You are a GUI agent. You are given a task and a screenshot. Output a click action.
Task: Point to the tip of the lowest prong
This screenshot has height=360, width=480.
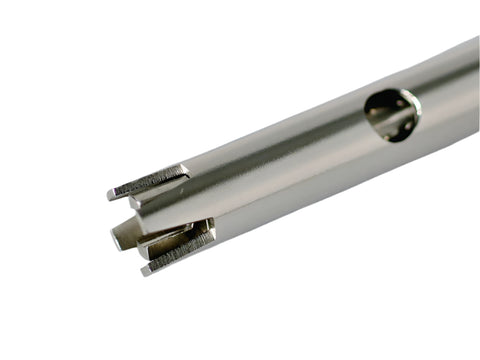coord(146,269)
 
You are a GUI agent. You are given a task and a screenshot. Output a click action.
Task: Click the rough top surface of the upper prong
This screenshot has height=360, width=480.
coord(150,181)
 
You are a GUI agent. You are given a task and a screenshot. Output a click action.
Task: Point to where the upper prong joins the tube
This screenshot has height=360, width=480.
coord(186,171)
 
